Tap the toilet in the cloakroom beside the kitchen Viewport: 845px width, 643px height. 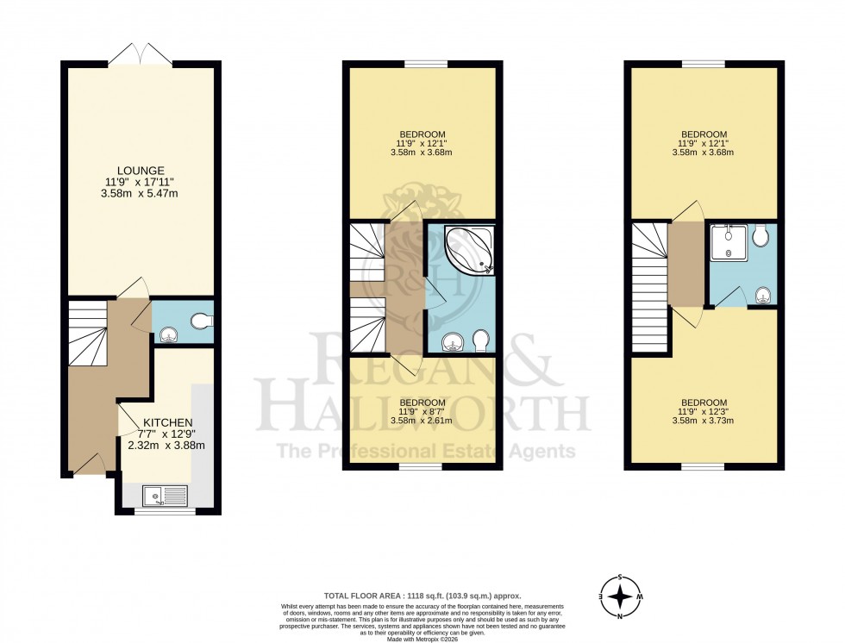click(x=200, y=321)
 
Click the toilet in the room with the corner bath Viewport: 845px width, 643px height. click(x=480, y=343)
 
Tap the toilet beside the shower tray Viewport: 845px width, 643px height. click(x=760, y=237)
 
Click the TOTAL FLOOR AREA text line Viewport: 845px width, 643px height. click(x=422, y=596)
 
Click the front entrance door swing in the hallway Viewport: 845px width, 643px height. click(x=89, y=465)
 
